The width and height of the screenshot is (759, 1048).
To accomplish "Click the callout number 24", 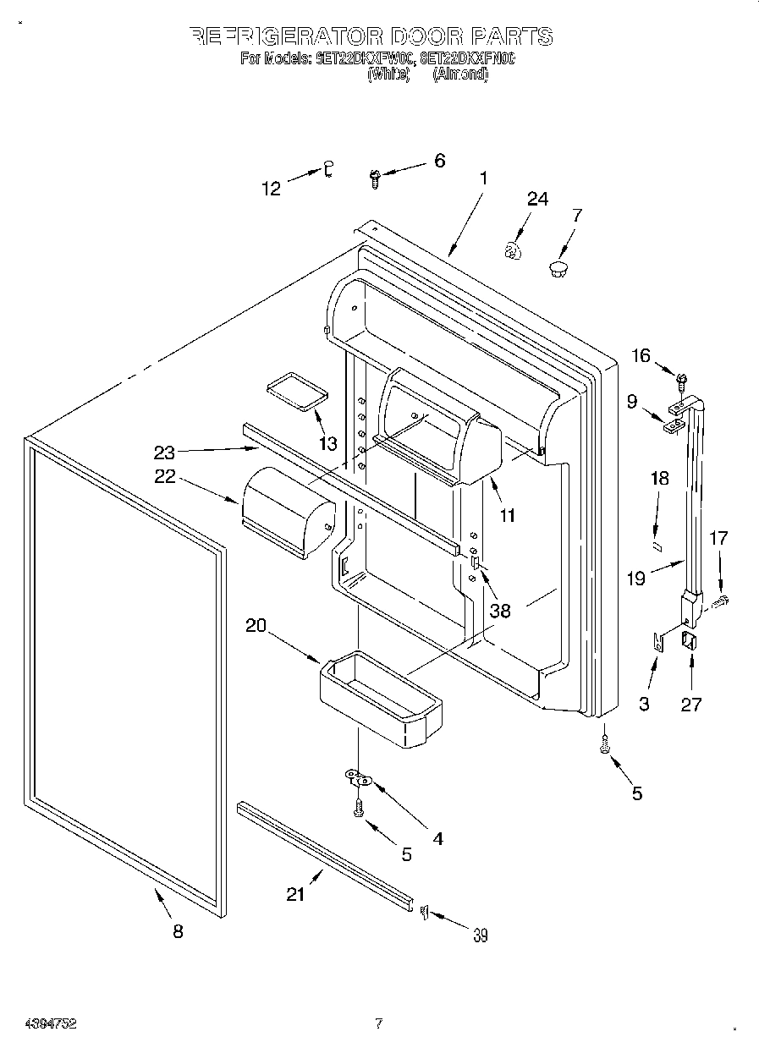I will pos(537,200).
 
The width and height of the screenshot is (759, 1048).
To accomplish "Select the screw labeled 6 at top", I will pos(375,176).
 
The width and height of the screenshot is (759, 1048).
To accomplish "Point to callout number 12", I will pos(271,189).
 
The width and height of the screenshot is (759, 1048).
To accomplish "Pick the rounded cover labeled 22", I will pos(286,511).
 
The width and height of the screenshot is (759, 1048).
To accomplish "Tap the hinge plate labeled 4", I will pos(360,776).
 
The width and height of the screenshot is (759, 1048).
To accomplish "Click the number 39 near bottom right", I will pos(481,935).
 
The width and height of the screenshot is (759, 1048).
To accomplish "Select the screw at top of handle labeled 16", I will pos(682,372).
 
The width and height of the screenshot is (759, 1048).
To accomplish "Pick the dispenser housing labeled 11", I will pos(440,442).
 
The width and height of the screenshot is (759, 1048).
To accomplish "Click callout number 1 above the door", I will pos(483,178).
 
